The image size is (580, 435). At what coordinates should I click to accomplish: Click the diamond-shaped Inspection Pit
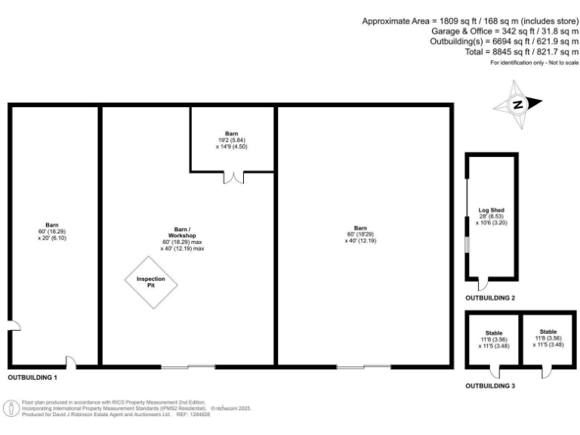click(151, 282)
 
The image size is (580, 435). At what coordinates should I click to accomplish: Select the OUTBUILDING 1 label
click(32, 376)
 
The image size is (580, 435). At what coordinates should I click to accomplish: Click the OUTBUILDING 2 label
click(490, 298)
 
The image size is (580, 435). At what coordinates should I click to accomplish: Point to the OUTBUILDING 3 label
click(490, 385)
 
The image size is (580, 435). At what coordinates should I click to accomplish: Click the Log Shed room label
click(491, 211)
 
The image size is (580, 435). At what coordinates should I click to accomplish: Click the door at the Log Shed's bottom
click(483, 284)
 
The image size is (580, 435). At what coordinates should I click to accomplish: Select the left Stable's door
click(495, 372)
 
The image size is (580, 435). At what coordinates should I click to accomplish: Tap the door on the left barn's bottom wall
click(69, 362)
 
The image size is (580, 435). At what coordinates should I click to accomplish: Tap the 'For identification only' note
click(534, 63)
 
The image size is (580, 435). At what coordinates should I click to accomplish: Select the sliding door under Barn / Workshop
click(188, 367)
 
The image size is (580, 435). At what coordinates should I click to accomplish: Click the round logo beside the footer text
click(11, 409)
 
